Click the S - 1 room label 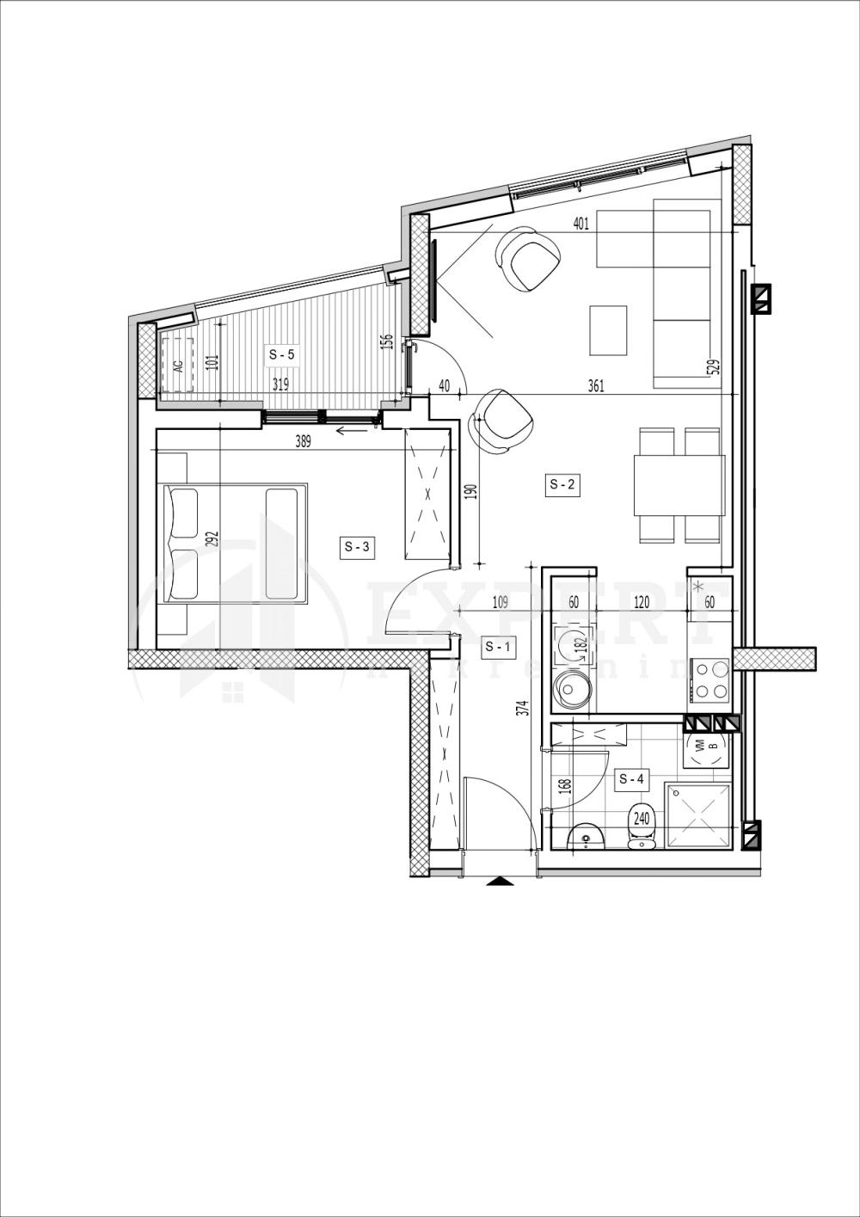[x=498, y=646]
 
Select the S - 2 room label [x=563, y=485]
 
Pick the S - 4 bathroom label [x=632, y=779]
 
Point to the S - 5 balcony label [x=282, y=353]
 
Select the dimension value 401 [x=580, y=225]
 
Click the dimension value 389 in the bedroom [x=302, y=442]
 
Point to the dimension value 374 [x=522, y=707]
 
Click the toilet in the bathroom [x=642, y=828]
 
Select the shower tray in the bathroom [x=698, y=815]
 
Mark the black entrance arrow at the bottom [x=497, y=881]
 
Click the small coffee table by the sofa [x=608, y=330]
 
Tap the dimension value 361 [x=595, y=386]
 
